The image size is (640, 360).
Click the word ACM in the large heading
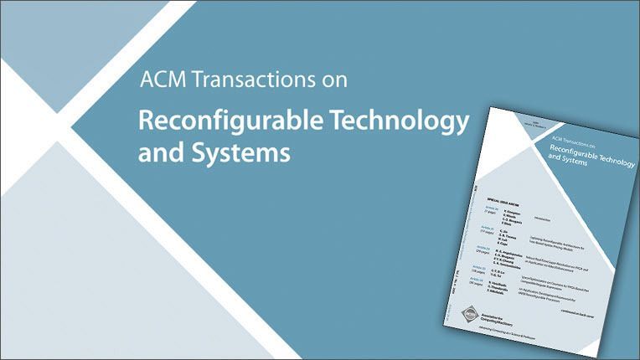click(x=157, y=81)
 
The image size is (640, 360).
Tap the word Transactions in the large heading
click(x=250, y=81)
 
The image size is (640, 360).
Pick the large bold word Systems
click(x=235, y=154)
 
